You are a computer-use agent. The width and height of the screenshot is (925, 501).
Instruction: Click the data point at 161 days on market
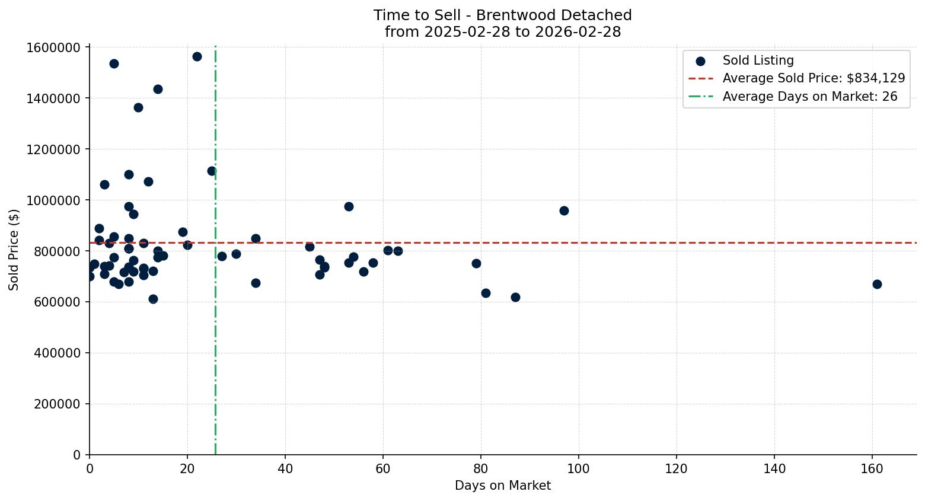(877, 284)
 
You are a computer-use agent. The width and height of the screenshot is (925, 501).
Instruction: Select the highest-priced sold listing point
(197, 56)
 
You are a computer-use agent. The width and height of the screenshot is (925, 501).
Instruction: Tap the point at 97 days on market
(564, 210)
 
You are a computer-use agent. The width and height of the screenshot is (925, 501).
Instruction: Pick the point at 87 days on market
(515, 297)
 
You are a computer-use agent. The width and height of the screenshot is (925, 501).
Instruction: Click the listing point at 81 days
(486, 293)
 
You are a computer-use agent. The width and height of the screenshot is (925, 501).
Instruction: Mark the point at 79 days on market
(476, 263)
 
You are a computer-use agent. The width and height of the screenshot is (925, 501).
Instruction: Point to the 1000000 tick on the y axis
(53, 200)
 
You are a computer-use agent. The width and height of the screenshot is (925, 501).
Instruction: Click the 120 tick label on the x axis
(677, 469)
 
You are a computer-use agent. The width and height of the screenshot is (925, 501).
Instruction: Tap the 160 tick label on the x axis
(872, 469)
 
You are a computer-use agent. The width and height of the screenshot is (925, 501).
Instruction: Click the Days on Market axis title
(503, 486)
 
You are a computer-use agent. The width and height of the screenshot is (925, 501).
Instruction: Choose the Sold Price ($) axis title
(14, 250)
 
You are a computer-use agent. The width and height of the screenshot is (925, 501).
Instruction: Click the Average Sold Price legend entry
(814, 78)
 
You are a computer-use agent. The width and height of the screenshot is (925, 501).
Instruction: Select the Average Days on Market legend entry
(809, 97)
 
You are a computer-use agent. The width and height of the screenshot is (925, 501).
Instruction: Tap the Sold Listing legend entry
(758, 60)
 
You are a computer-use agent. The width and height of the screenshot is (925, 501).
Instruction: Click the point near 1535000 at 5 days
(114, 63)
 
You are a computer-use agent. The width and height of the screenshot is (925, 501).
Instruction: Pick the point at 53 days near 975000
(349, 206)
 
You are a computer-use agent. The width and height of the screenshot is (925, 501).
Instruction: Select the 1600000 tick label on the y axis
(53, 47)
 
